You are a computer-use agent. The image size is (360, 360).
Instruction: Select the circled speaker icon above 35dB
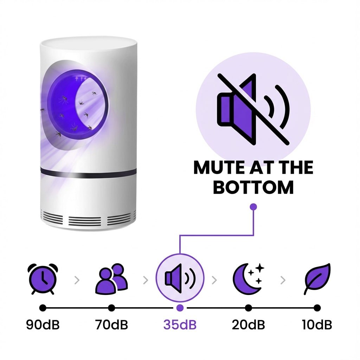(180, 278)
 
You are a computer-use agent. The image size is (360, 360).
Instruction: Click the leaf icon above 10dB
(317, 278)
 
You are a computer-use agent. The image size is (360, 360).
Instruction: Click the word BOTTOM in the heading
(253, 187)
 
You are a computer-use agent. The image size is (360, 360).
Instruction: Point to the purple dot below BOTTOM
(253, 207)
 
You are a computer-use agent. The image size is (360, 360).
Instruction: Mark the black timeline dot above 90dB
(43, 308)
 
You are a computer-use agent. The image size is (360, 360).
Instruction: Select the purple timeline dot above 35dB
(180, 308)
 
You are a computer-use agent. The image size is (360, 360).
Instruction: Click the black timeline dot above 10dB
(317, 308)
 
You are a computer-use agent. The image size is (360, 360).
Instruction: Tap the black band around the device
(88, 171)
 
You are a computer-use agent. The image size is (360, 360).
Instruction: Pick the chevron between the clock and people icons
(77, 280)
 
